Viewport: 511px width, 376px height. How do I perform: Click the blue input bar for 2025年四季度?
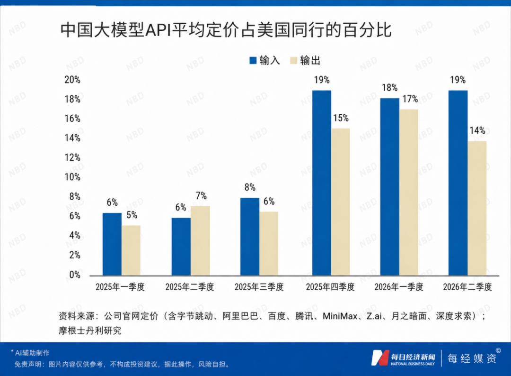tap(322, 183)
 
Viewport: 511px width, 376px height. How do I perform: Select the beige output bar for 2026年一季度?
tap(409, 193)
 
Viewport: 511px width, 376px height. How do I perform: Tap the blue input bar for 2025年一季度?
tap(112, 244)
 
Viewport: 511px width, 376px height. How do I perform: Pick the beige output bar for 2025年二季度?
tap(201, 241)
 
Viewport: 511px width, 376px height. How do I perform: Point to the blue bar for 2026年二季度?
tap(458, 183)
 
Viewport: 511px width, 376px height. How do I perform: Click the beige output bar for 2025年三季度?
tap(269, 243)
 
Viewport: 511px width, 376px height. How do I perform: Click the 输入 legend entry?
tap(264, 60)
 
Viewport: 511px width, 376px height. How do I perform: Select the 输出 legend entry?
tap(305, 60)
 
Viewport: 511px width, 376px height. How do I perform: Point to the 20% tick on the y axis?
tap(72, 80)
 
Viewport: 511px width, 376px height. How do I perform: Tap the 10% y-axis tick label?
tap(72, 177)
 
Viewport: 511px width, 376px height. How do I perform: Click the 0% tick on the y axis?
tap(75, 275)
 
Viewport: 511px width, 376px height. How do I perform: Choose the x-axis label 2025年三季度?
tap(259, 287)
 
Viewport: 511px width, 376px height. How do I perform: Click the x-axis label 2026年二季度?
tap(467, 287)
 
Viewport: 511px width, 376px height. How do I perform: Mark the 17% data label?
tap(410, 99)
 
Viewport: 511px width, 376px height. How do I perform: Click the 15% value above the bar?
tap(341, 118)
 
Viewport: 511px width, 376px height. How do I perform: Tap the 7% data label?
tap(201, 196)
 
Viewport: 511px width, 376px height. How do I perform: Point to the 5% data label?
tap(132, 215)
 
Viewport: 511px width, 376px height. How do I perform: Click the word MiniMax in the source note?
tap(340, 316)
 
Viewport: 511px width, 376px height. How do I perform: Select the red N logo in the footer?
tap(380, 358)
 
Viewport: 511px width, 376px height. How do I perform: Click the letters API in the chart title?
tap(158, 30)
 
